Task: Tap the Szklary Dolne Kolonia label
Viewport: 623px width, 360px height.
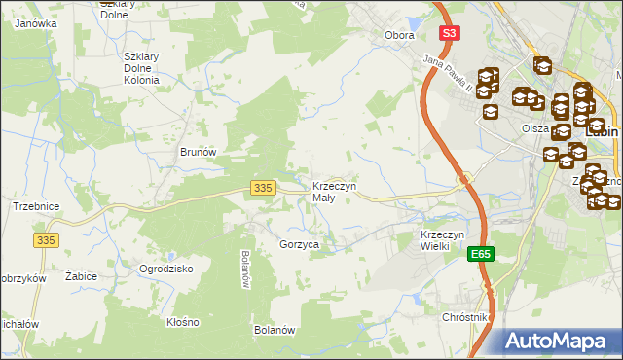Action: [x=147, y=68]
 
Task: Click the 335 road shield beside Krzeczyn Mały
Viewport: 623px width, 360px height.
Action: [x=261, y=187]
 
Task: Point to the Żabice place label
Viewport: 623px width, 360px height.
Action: [x=81, y=277]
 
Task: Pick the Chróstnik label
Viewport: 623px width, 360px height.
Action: [x=464, y=318]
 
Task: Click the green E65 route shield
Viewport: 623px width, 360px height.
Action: [x=479, y=254]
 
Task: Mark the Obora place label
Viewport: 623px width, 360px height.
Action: [x=399, y=35]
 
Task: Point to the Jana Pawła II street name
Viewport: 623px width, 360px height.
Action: [x=447, y=75]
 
